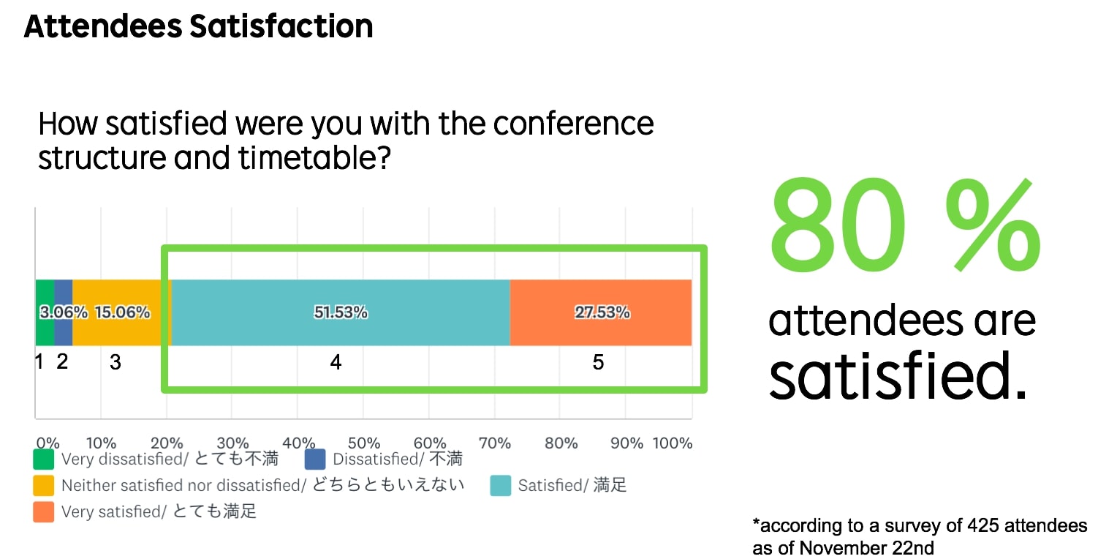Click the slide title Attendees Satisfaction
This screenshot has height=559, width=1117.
tap(198, 26)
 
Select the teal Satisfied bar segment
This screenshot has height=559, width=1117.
tap(341, 312)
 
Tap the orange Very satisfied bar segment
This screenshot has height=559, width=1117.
tap(601, 312)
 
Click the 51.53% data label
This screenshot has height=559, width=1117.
tap(341, 312)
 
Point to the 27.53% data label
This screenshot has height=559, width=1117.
tap(602, 312)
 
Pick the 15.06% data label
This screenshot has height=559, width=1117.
tap(123, 312)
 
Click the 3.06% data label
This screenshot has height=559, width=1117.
tap(64, 312)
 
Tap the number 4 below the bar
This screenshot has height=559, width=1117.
tap(336, 362)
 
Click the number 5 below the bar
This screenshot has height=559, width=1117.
tap(599, 362)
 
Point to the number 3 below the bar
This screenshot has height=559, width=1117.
tap(116, 362)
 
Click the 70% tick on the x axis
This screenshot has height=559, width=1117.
tap(495, 443)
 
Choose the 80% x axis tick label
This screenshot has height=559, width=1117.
tap(561, 443)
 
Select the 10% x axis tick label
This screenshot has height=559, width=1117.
tap(101, 443)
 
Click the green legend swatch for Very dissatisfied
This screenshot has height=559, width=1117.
tap(44, 459)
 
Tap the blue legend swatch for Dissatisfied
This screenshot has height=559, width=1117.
tap(315, 459)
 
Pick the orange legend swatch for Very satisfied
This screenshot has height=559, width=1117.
tap(44, 512)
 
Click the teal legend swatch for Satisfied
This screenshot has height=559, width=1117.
tap(501, 486)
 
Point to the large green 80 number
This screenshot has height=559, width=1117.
tap(838, 225)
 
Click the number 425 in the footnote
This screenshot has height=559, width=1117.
tap(983, 525)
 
